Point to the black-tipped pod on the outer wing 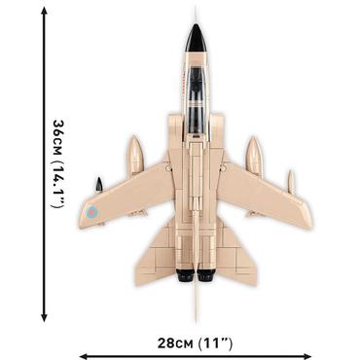click(x=97, y=184)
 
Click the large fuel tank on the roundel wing click(x=135, y=157)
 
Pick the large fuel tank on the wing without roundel click(x=255, y=157)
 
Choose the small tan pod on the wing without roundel click(x=290, y=182)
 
